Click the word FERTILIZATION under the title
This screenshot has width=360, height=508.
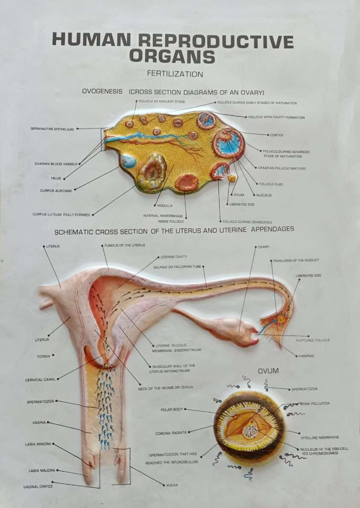click(175, 74)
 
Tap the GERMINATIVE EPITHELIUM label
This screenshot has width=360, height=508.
click(52, 128)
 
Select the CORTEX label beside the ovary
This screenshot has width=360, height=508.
click(276, 135)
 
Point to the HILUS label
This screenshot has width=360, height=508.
click(56, 178)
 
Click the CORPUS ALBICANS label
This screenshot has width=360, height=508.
click(56, 190)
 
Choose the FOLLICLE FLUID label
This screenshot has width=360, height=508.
click(271, 184)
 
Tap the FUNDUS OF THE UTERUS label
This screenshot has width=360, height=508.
click(125, 245)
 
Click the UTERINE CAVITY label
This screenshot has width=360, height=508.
click(174, 257)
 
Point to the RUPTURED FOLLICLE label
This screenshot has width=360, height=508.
click(313, 340)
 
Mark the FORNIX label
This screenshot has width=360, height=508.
click(44, 356)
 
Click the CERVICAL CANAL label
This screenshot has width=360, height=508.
click(41, 380)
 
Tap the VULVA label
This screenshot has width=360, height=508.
click(172, 485)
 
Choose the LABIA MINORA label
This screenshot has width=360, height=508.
click(38, 444)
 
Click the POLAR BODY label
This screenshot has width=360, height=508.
click(171, 409)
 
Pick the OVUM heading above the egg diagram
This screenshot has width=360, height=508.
click(268, 371)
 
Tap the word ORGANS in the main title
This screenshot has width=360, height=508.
click(172, 56)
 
